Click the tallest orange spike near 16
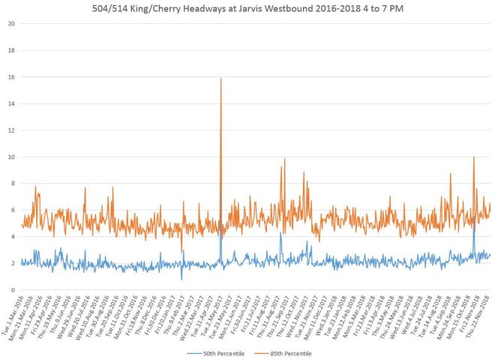[x=220, y=79]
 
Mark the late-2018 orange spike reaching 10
[x=474, y=157]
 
